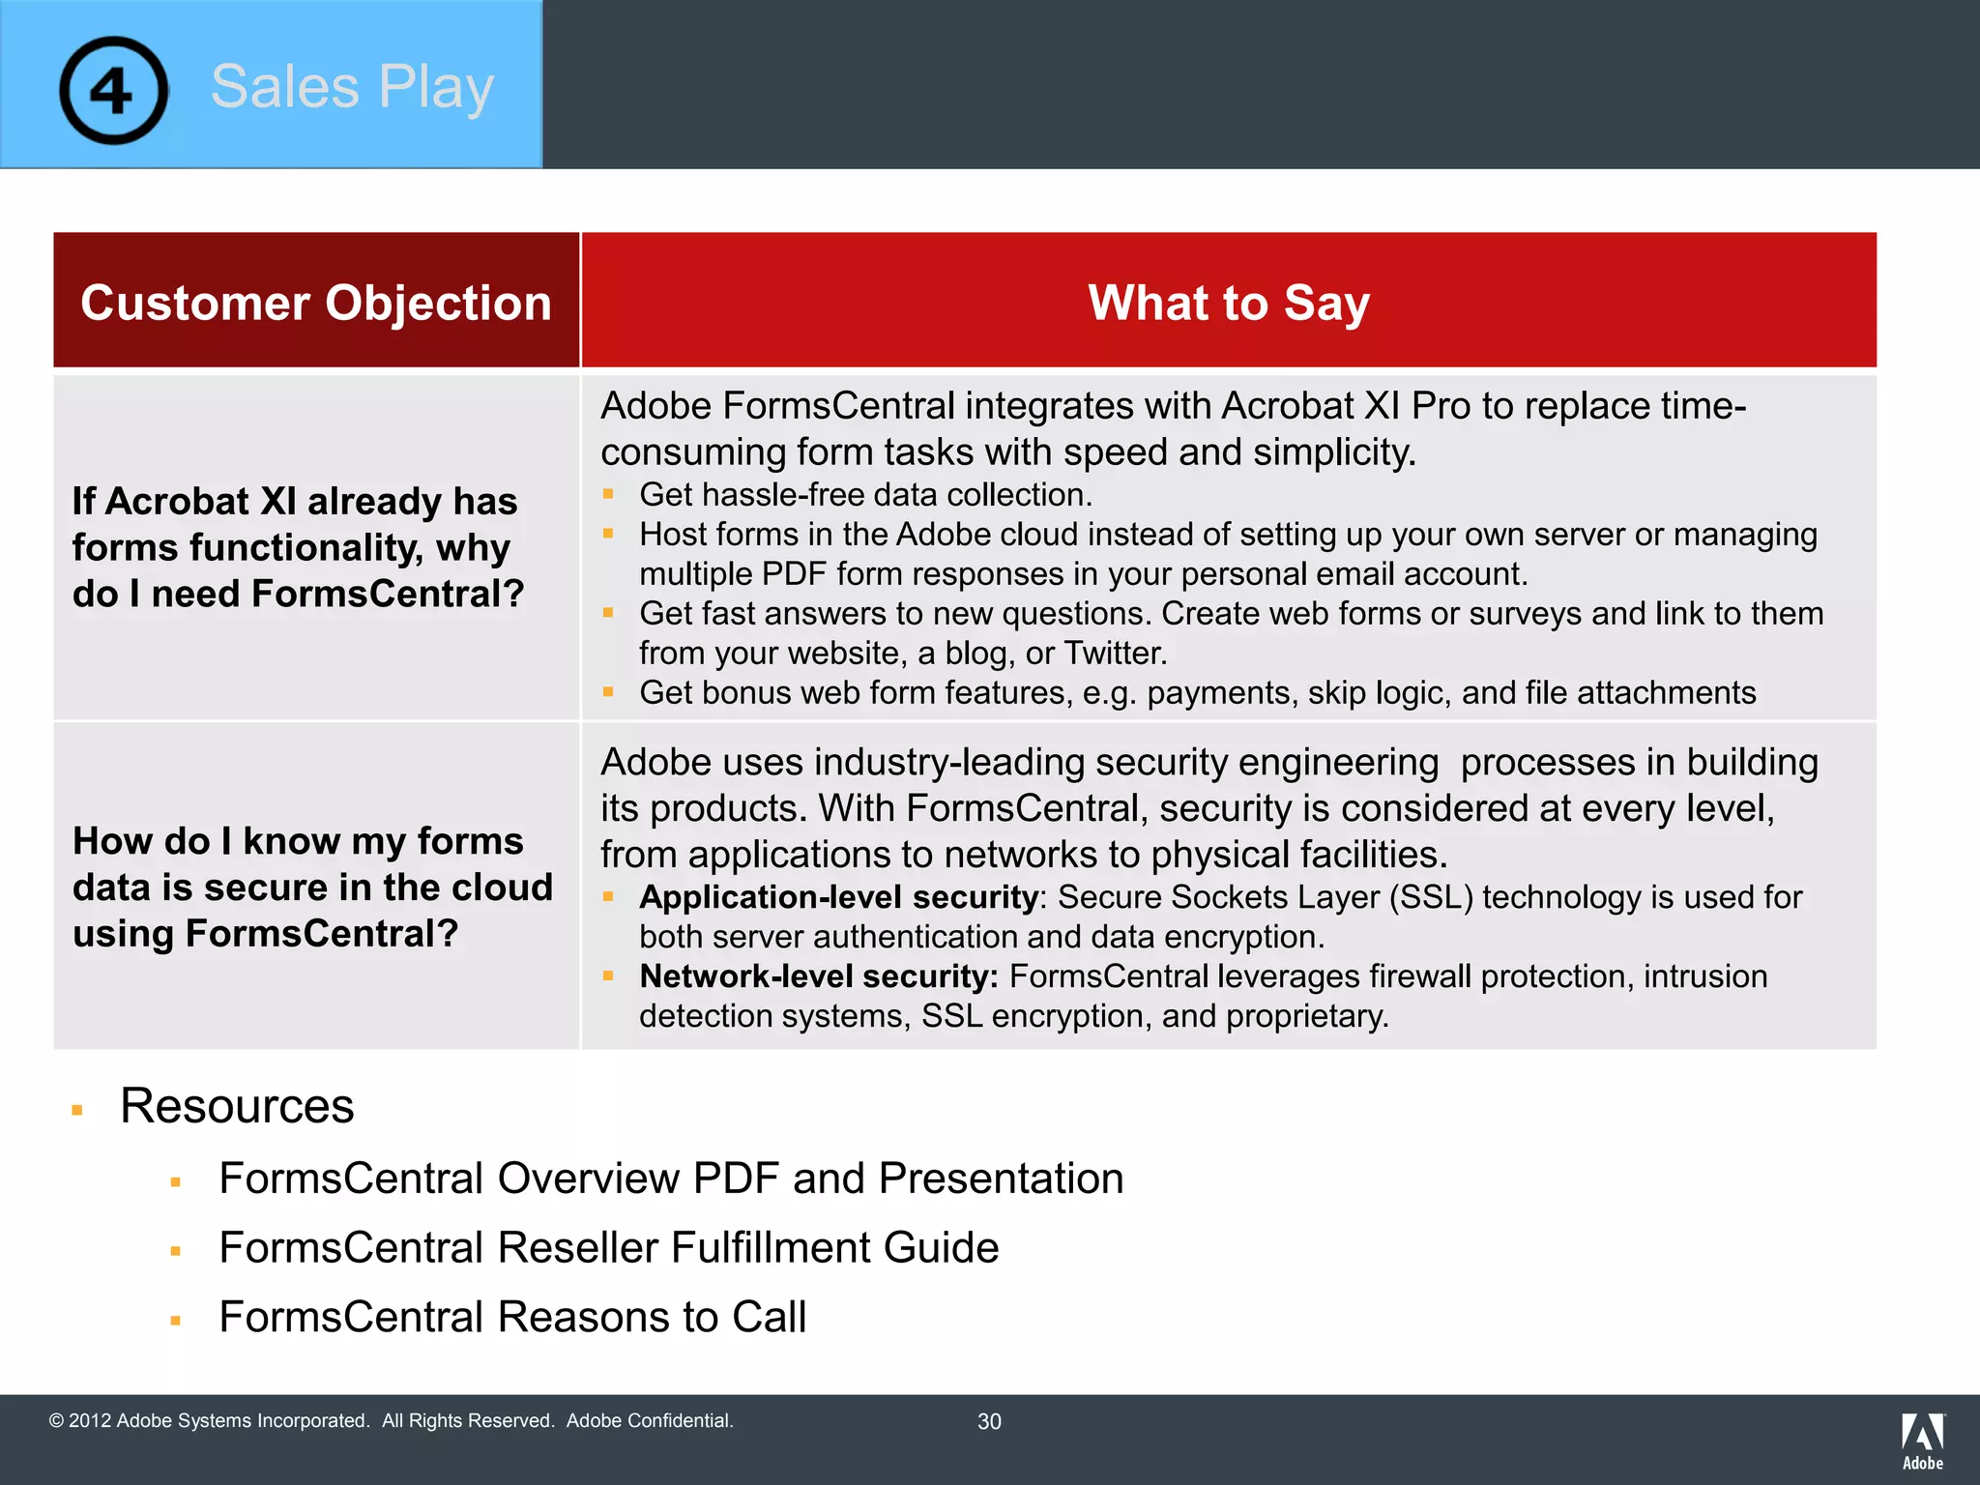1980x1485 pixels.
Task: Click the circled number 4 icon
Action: pyautogui.click(x=113, y=91)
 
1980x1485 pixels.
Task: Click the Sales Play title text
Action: pyautogui.click(x=352, y=87)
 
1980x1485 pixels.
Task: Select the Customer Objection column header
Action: pyautogui.click(x=316, y=303)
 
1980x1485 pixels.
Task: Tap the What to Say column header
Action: pyautogui.click(x=1228, y=303)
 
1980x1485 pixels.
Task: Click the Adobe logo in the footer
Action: pyautogui.click(x=1922, y=1441)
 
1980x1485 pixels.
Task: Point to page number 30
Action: pyautogui.click(x=989, y=1421)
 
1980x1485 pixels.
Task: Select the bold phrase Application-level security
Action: pyautogui.click(x=837, y=897)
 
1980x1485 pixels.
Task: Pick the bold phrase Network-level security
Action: pyautogui.click(x=818, y=976)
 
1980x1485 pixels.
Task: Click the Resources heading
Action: pyautogui.click(x=237, y=1106)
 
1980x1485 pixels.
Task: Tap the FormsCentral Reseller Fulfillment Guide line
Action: pyautogui.click(x=608, y=1247)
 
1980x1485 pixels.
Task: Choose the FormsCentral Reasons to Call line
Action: pyautogui.click(x=512, y=1317)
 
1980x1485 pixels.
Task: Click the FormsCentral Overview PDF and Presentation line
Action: pyautogui.click(x=671, y=1179)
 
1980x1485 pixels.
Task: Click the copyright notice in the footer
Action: pyautogui.click(x=391, y=1420)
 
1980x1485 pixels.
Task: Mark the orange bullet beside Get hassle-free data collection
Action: pyautogui.click(x=608, y=494)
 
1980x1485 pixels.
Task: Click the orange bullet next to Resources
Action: pyautogui.click(x=77, y=1111)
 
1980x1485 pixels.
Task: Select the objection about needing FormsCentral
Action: pyautogui.click(x=298, y=547)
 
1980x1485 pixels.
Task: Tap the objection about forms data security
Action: pyautogui.click(x=311, y=887)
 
